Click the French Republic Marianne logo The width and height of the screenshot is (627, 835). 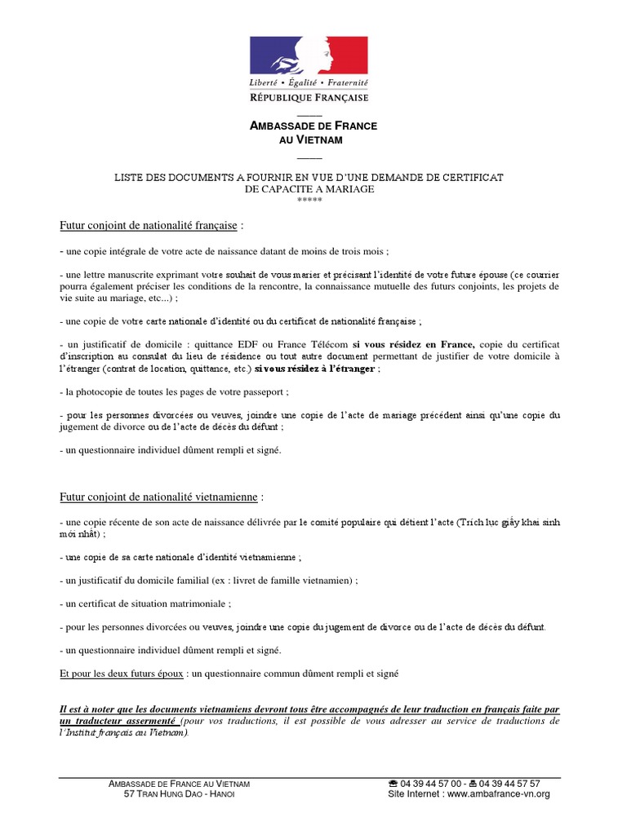309,56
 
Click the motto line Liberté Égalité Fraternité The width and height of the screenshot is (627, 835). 309,84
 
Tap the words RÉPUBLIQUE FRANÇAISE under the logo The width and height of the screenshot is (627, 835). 309,98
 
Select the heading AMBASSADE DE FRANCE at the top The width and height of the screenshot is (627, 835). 313,127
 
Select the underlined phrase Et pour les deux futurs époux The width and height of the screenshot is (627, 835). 122,674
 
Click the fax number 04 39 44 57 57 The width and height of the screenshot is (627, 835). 510,784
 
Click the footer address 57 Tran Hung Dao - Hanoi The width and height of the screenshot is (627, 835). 179,794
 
